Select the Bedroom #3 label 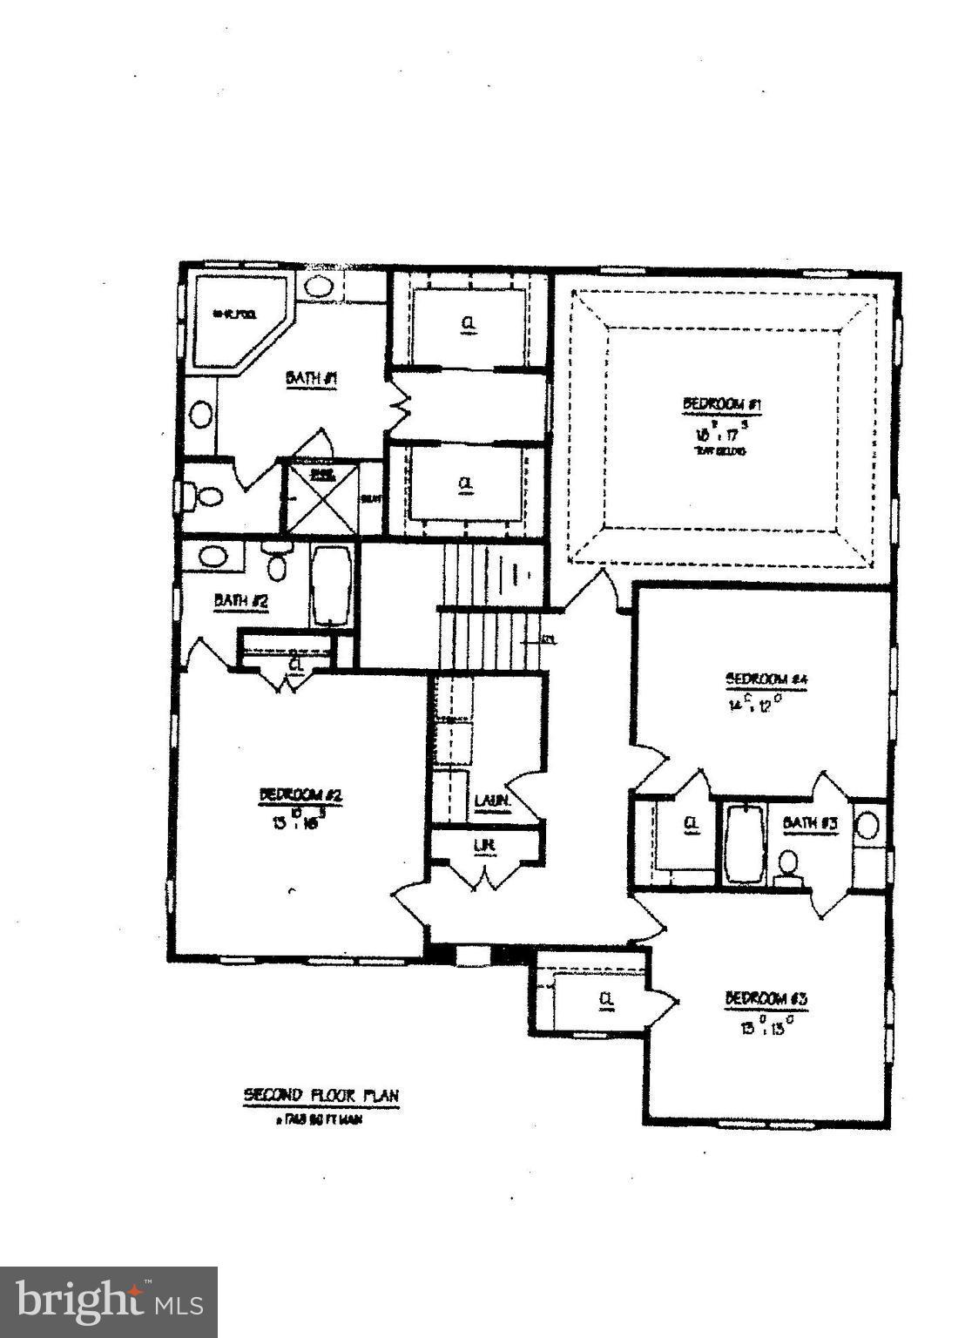click(766, 998)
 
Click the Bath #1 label click(311, 379)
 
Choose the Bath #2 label click(240, 600)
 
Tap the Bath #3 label click(810, 823)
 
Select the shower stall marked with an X click(322, 498)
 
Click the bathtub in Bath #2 click(332, 585)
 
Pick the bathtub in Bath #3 click(744, 844)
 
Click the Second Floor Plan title click(321, 1095)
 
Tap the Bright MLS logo click(108, 1301)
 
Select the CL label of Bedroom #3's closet click(606, 1000)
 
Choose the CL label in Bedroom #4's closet click(692, 823)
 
